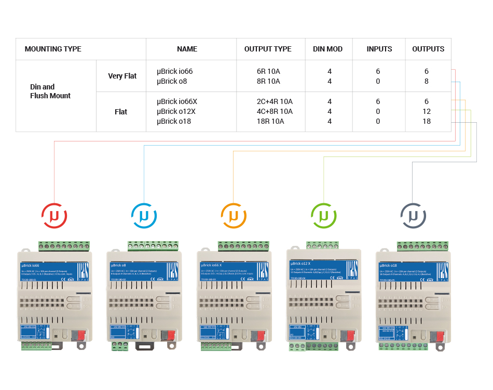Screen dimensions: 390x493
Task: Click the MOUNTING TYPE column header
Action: [x=53, y=49]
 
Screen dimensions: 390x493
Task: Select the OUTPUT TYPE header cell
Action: [x=268, y=49]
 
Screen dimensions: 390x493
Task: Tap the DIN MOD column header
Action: [x=328, y=49]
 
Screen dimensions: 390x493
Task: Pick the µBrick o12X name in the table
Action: [x=177, y=111]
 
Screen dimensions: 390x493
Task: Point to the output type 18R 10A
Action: [x=270, y=121]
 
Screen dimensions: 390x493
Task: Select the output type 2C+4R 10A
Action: [x=275, y=101]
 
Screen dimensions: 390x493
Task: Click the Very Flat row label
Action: [x=122, y=76]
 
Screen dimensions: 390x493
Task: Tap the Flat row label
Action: [x=121, y=112]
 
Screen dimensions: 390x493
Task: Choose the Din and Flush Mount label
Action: [x=50, y=91]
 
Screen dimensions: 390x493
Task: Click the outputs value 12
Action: [x=427, y=111]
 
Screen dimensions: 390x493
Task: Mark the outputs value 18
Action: [x=427, y=121]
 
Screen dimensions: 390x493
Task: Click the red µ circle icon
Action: [x=54, y=215]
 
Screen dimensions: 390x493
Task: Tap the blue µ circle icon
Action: [x=144, y=215]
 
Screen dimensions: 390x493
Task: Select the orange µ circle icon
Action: [x=234, y=215]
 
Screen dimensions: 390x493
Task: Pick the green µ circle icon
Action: [x=323, y=215]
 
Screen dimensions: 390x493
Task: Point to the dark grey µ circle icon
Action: [x=413, y=215]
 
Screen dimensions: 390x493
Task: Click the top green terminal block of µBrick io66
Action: [x=64, y=246]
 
